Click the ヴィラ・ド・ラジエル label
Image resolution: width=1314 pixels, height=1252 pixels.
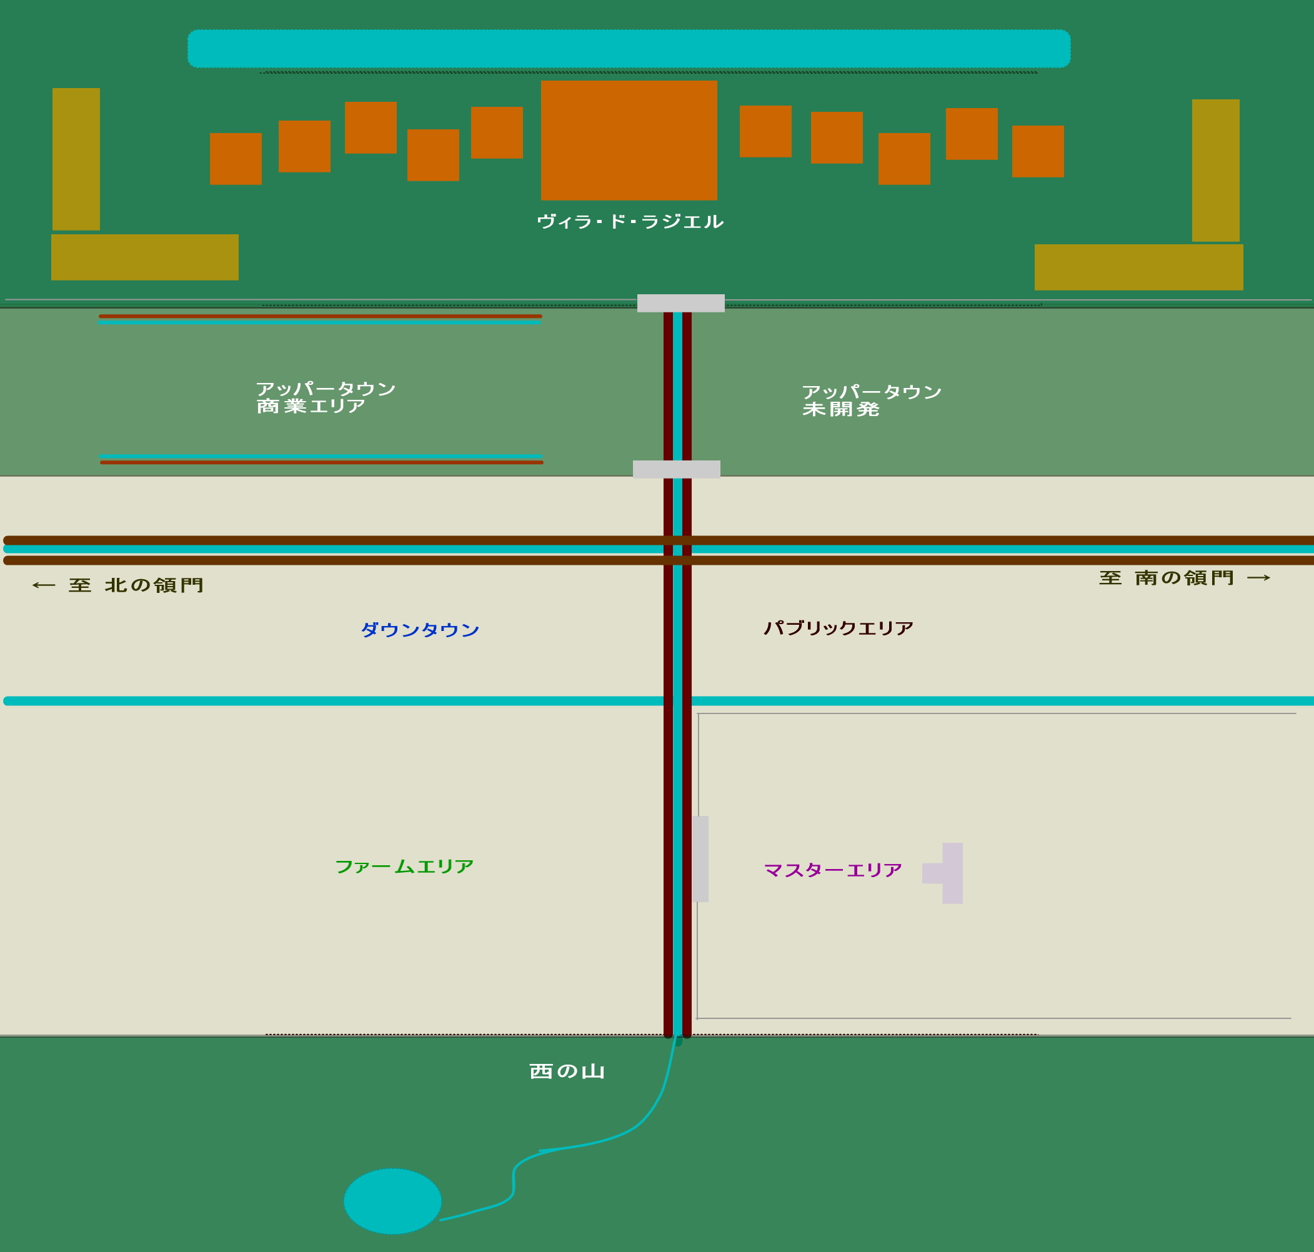click(x=629, y=222)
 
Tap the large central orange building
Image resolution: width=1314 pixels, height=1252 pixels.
click(x=629, y=140)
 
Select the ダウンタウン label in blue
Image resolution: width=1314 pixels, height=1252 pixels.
click(x=420, y=630)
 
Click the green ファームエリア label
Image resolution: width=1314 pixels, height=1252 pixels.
click(x=404, y=867)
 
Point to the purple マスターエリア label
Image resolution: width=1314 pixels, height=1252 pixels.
click(x=832, y=870)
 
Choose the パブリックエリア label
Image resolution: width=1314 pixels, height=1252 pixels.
click(x=838, y=628)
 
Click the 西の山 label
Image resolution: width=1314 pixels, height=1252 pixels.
click(x=567, y=1072)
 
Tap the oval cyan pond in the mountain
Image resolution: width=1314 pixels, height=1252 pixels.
click(x=392, y=1201)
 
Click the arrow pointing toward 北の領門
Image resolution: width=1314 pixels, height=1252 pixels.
click(x=44, y=585)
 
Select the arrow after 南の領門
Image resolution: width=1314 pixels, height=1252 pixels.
click(x=1258, y=578)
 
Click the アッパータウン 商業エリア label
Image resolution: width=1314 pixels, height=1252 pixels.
click(x=325, y=397)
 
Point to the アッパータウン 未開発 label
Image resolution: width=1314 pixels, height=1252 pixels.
click(x=871, y=400)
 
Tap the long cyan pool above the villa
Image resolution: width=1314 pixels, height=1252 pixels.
click(x=629, y=49)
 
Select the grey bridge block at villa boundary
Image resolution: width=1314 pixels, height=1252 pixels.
click(x=680, y=303)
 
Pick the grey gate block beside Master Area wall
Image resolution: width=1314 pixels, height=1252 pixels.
click(x=700, y=859)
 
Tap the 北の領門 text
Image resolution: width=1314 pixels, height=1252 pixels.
click(x=154, y=585)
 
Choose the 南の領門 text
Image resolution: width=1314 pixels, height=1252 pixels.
click(x=1184, y=578)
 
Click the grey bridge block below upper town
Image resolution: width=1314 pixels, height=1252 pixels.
click(x=676, y=469)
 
